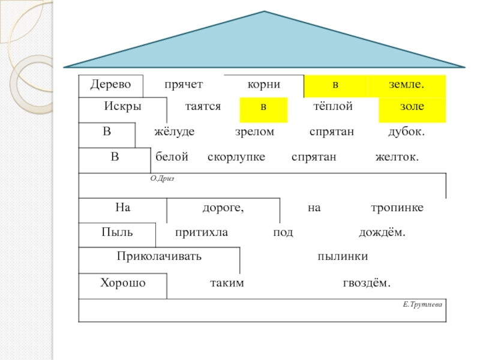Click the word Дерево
tap(110, 85)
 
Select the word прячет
tap(184, 85)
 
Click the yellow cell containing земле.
tap(407, 86)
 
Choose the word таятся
tap(203, 106)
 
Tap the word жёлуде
tap(175, 131)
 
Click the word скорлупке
tap(236, 157)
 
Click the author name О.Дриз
tap(162, 178)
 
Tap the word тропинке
tap(397, 208)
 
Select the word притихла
tap(202, 232)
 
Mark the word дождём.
tap(382, 232)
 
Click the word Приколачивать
tap(159, 256)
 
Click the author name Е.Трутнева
tap(422, 305)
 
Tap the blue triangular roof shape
tap(264, 42)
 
